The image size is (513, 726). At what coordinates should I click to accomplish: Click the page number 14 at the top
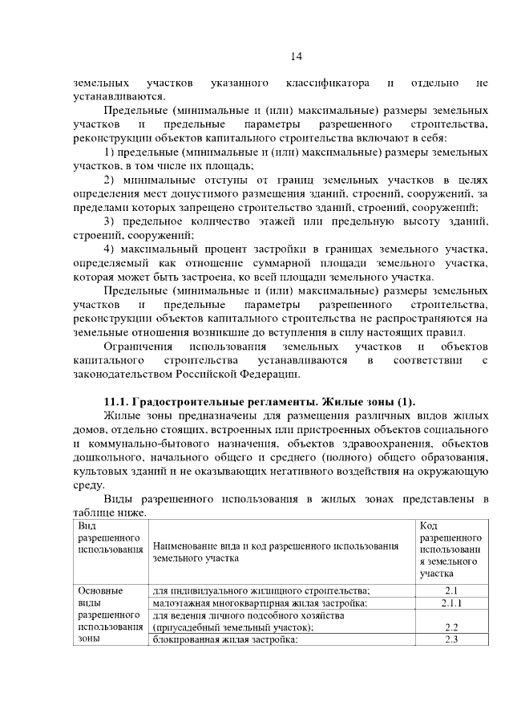[295, 56]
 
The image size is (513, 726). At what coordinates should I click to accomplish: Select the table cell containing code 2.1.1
[450, 602]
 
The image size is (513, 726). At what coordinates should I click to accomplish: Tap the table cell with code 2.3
[450, 639]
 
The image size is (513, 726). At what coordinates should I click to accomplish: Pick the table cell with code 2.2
[450, 627]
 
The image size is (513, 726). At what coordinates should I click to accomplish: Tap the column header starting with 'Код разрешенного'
[450, 550]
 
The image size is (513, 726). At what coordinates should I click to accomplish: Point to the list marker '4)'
[111, 249]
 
